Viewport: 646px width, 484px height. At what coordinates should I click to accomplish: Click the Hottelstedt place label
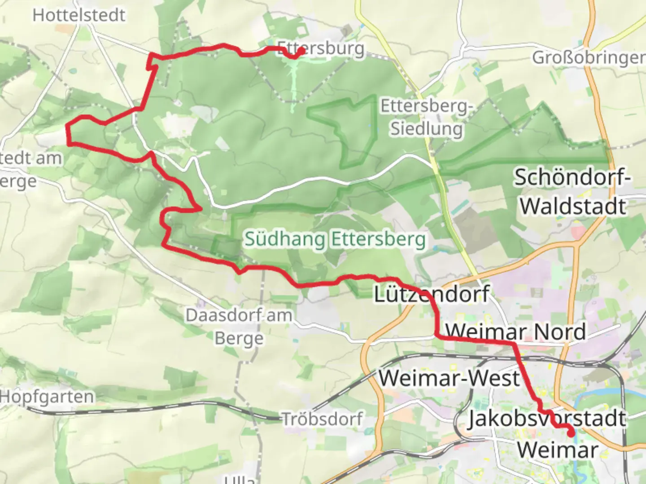tap(79, 15)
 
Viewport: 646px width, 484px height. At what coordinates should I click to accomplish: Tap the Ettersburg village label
tap(321, 48)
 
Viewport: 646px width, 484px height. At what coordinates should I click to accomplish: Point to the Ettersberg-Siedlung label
tap(426, 117)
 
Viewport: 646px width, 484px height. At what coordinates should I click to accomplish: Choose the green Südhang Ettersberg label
tap(335, 239)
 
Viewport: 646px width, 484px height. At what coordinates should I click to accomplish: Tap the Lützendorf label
tap(432, 294)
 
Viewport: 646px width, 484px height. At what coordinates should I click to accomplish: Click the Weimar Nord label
tap(516, 332)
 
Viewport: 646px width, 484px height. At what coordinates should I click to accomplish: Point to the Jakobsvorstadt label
tap(546, 419)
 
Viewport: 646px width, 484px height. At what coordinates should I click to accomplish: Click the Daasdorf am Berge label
tap(239, 327)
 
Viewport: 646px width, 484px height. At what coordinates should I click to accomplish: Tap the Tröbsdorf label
tap(322, 419)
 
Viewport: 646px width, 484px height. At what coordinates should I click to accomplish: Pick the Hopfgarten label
tap(47, 397)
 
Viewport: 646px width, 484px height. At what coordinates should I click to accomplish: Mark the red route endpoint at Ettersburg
tap(301, 52)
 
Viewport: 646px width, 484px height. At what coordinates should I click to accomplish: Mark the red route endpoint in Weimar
tap(571, 433)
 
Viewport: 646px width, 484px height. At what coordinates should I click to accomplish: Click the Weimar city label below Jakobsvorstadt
tap(558, 450)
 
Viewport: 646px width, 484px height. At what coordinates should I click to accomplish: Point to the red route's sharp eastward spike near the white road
tap(200, 208)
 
